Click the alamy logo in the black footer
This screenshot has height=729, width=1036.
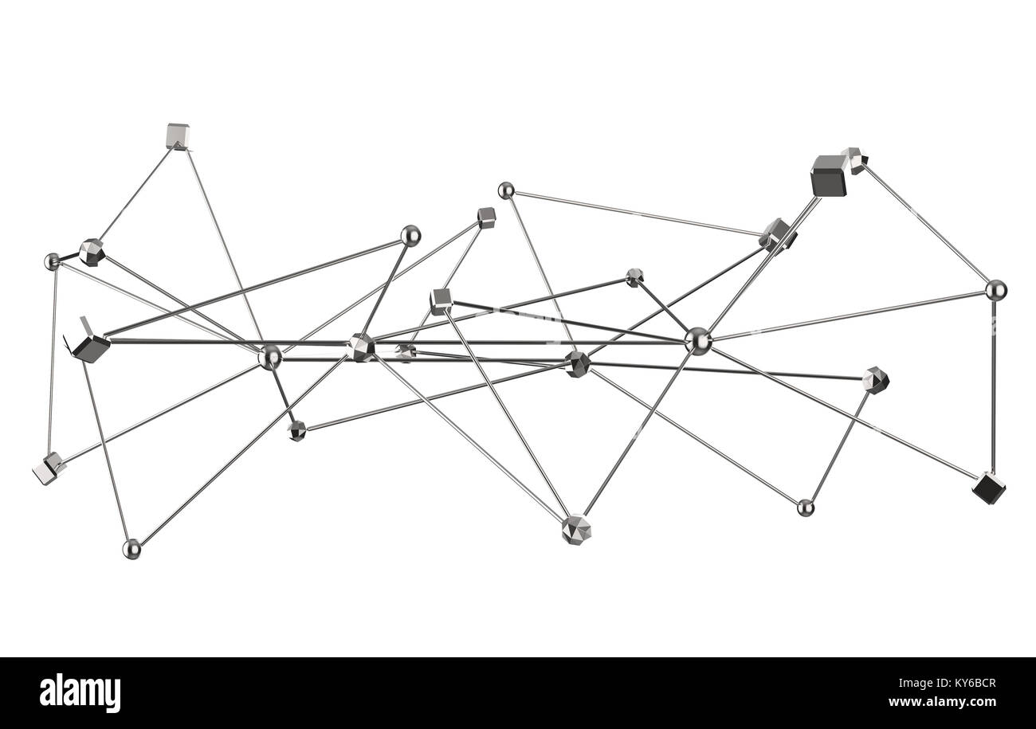[80, 693]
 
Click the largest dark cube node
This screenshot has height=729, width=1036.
[828, 176]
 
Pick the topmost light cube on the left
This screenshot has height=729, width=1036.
[177, 136]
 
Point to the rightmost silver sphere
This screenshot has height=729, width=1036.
[995, 290]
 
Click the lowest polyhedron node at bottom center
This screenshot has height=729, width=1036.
[575, 529]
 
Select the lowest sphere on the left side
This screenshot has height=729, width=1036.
[131, 548]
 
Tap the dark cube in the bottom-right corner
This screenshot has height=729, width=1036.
[988, 488]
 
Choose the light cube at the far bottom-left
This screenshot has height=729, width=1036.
[48, 468]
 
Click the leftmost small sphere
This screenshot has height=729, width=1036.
[53, 261]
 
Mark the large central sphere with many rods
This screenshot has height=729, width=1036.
[697, 340]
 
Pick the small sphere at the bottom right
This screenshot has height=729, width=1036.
[805, 508]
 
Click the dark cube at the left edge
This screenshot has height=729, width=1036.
[91, 347]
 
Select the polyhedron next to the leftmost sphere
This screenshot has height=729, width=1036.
[92, 252]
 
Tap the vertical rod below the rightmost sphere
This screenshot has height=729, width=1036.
[993, 382]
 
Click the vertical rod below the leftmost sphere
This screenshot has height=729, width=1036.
[53, 359]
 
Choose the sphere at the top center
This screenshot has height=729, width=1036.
[505, 190]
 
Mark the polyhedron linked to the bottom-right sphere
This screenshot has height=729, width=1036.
[875, 380]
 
